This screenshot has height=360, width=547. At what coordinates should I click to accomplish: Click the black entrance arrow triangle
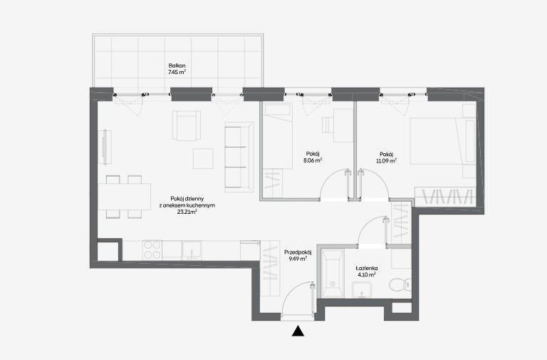pos(298,331)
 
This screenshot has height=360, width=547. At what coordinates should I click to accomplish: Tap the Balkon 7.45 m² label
pos(177,69)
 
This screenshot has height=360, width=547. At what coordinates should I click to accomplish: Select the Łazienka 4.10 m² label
pos(367,272)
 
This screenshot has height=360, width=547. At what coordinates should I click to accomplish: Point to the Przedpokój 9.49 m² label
pos(298,255)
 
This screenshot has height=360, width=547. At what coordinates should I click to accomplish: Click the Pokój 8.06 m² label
pos(313,157)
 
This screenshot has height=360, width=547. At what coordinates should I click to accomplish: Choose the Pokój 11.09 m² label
pos(386,158)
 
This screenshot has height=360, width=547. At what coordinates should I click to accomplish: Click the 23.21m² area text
pos(187,212)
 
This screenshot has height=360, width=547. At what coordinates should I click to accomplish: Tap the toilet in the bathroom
pos(400,284)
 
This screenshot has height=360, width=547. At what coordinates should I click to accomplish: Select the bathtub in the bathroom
pos(333,273)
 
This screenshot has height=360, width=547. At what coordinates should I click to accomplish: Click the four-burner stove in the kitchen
pos(152,250)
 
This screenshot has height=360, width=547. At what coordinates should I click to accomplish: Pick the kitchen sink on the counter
pos(192,250)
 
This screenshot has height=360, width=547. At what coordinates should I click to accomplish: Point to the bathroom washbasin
pos(362,290)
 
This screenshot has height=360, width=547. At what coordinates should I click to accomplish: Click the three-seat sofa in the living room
pos(239,157)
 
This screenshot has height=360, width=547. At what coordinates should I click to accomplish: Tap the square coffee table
pos(204,158)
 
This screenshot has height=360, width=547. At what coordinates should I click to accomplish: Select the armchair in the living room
pos(187,125)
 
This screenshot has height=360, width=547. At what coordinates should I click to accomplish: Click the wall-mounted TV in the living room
pos(104,147)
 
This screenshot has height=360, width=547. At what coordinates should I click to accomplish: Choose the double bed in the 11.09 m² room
pos(443,141)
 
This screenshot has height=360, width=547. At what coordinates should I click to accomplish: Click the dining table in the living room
pos(124,197)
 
